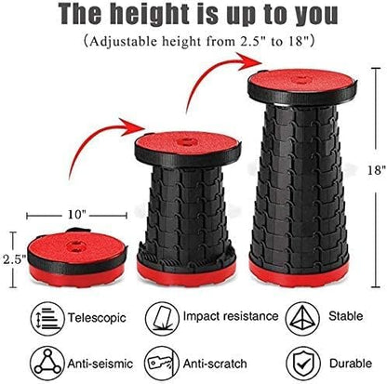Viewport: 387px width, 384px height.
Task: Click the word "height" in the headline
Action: coord(150,15)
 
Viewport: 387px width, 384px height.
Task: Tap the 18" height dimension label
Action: coord(377,170)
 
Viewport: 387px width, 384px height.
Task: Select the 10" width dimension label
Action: coord(76,215)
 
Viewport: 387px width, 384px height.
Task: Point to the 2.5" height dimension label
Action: coord(13,259)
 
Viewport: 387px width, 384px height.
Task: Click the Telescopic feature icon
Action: coord(47,319)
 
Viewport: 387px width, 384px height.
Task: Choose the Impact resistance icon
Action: coord(162,319)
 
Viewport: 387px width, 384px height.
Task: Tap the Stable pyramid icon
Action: coord(302,319)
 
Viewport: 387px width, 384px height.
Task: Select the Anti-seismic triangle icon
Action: coord(47,364)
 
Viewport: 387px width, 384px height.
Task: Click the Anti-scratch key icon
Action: coord(162,364)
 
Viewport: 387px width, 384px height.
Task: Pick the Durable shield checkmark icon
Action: coord(302,364)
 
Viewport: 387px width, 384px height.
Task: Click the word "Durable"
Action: coord(351,364)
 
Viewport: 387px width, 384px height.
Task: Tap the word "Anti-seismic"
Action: coord(100,364)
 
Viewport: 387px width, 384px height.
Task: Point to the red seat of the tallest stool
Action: coord(302,81)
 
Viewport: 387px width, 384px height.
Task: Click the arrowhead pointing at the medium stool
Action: coord(133,126)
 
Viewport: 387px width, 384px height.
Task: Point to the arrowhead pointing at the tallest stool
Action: coord(249,60)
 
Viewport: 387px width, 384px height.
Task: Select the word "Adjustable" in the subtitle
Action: coord(123,42)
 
